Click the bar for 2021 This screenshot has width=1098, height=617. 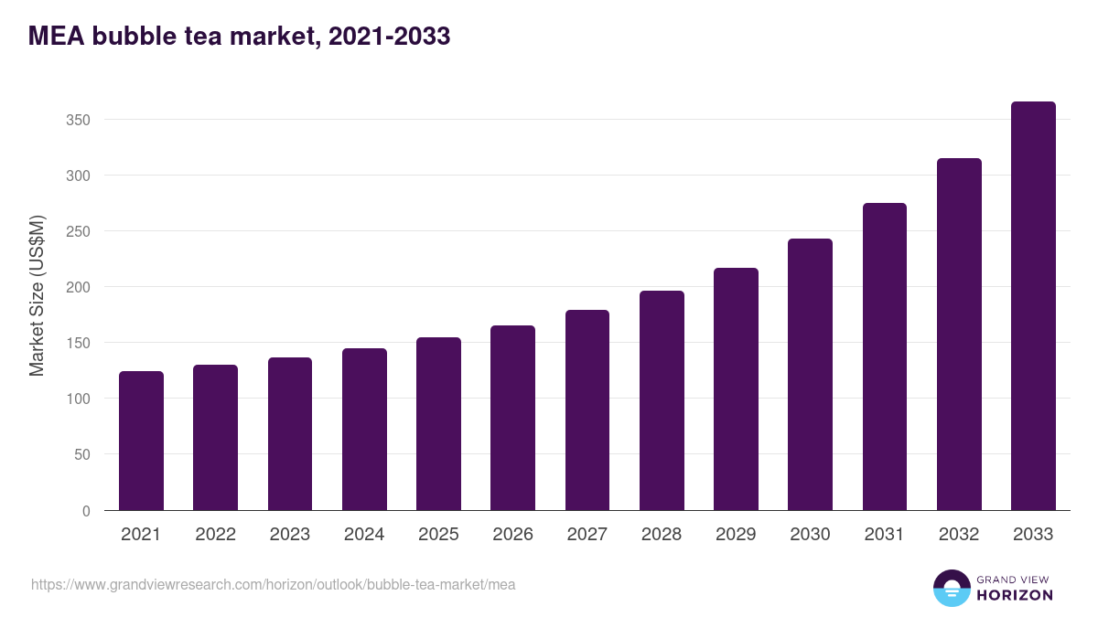[141, 441]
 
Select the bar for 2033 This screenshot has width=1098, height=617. [1033, 306]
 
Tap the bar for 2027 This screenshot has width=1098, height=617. [587, 410]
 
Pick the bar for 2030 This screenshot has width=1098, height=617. [810, 375]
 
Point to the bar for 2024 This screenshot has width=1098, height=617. [364, 430]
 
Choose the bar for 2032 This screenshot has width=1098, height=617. [959, 335]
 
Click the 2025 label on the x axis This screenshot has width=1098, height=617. [438, 535]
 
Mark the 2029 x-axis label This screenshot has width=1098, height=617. [736, 535]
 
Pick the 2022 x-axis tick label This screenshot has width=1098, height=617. [215, 535]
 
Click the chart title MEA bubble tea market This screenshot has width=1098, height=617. [240, 37]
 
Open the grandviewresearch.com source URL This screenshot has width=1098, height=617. [274, 584]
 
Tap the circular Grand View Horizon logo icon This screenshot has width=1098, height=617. [952, 588]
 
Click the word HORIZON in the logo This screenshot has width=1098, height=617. [1015, 595]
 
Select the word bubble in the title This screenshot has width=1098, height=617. [119, 37]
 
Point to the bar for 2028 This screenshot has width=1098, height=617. [662, 400]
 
